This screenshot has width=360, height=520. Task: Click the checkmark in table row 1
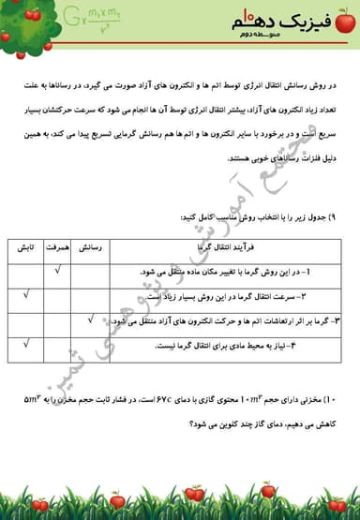point(58,272)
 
